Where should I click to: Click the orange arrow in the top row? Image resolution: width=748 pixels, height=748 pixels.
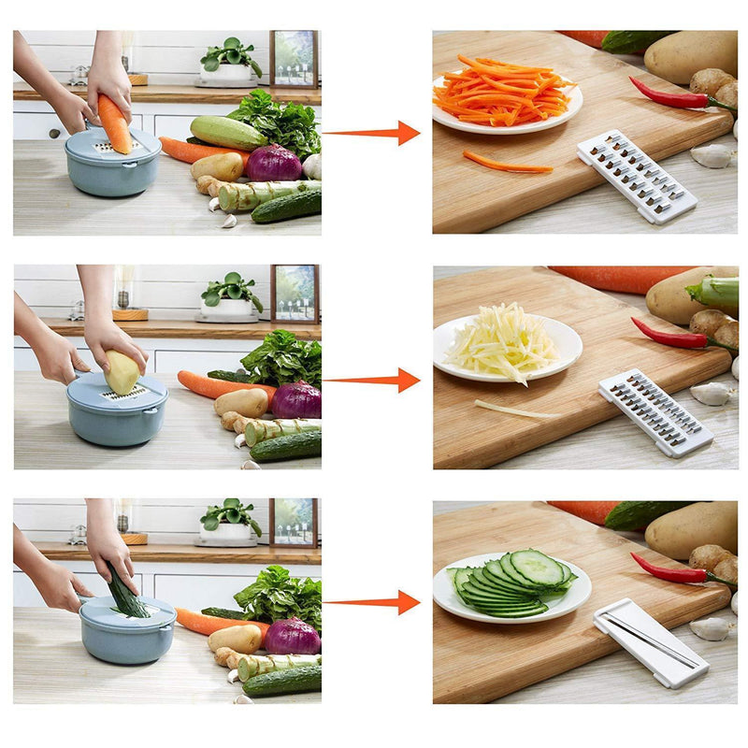[374, 133]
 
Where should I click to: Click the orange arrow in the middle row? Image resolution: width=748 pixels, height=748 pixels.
[374, 381]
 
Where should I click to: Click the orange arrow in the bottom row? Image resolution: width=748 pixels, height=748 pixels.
[374, 602]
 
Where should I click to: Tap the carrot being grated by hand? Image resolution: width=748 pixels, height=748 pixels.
[114, 123]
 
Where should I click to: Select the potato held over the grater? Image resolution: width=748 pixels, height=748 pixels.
[122, 372]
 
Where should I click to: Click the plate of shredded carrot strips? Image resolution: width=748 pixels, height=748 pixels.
[506, 97]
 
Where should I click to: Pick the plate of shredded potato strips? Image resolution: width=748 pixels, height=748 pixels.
[506, 346]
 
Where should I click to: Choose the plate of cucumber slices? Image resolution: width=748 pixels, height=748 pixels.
[511, 585]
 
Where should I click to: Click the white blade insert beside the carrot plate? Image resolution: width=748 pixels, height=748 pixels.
[636, 176]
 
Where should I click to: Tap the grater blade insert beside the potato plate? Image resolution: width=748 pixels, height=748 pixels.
[654, 411]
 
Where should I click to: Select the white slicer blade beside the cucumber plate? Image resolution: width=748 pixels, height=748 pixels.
[650, 644]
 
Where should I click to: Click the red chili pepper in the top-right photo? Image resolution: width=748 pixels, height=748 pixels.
[671, 94]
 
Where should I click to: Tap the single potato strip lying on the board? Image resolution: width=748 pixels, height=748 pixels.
[514, 410]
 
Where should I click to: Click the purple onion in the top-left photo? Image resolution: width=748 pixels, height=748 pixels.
[274, 163]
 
